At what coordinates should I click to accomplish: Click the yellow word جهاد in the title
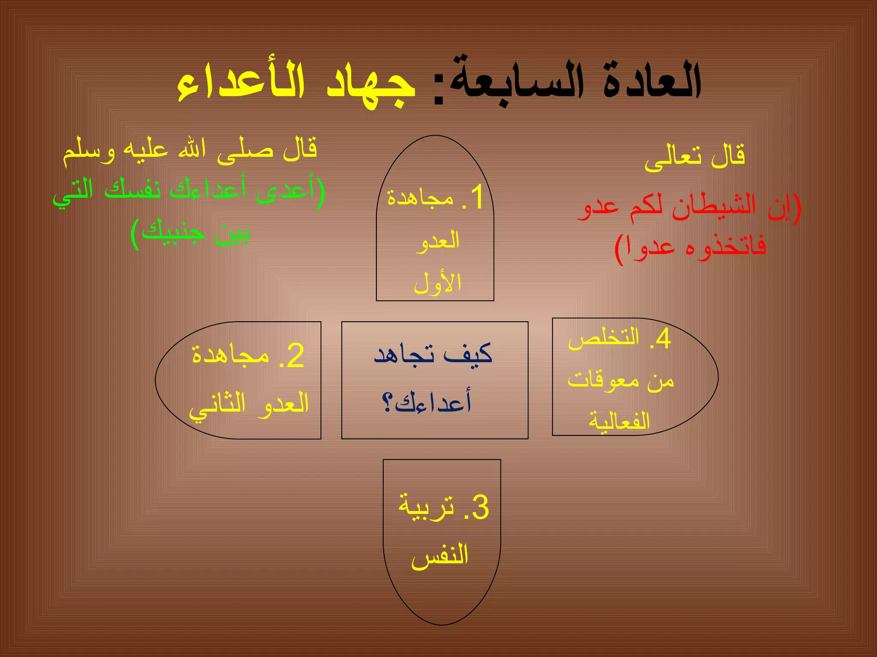tap(371, 83)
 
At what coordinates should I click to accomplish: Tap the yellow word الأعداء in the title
tap(242, 83)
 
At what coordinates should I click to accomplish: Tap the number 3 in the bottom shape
tap(479, 508)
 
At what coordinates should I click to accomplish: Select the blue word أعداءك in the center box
tap(433, 402)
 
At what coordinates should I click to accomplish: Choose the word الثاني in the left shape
tap(218, 405)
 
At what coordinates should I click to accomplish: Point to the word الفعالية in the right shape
tap(619, 421)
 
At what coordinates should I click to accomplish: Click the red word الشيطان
tap(713, 207)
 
